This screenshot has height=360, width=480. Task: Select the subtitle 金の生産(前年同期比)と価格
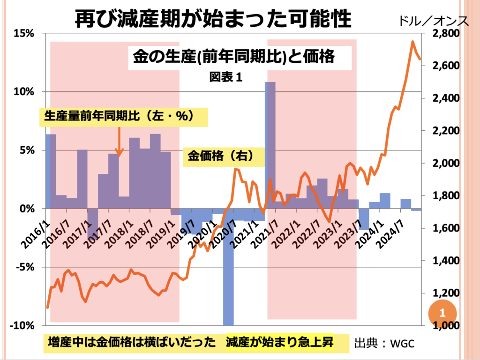coord(233,57)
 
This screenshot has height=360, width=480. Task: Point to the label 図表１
coord(226,77)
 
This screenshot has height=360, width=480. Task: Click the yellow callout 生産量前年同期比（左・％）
coord(119,116)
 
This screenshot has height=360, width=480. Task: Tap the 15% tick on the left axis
coord(23,33)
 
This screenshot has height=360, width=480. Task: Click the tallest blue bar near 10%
coord(270,141)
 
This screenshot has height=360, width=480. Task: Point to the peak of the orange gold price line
coord(412,42)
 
